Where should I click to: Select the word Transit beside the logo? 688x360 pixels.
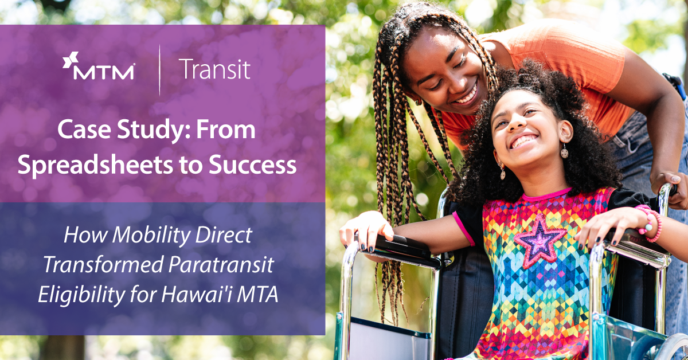tap(214, 69)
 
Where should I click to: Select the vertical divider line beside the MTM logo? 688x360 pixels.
tap(159, 69)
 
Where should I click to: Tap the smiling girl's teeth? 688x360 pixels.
tap(525, 141)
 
